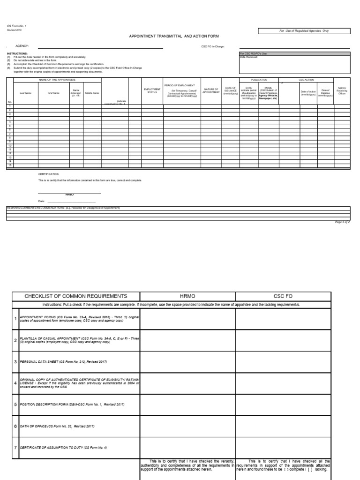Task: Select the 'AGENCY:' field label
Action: (22, 46)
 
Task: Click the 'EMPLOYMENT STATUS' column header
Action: (152, 90)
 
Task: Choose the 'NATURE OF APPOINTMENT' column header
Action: (210, 90)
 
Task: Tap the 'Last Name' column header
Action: (25, 93)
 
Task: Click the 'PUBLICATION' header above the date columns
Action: (259, 80)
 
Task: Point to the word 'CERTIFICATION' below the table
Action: (48, 173)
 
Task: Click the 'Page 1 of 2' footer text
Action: (342, 222)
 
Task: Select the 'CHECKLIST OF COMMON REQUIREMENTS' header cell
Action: (75, 296)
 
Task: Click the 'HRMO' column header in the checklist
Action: (187, 296)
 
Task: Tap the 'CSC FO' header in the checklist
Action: (283, 296)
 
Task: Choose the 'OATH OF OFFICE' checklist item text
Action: (57, 426)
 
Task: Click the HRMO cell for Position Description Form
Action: (187, 405)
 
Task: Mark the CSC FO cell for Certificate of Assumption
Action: (283, 447)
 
